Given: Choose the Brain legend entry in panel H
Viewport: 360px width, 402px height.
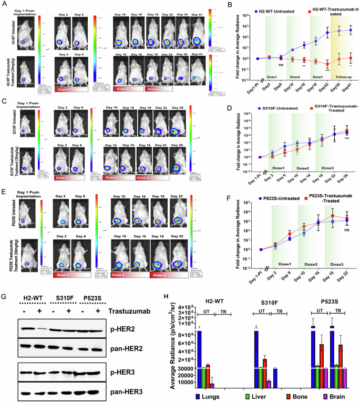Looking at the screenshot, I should pyautogui.click(x=338, y=395).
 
